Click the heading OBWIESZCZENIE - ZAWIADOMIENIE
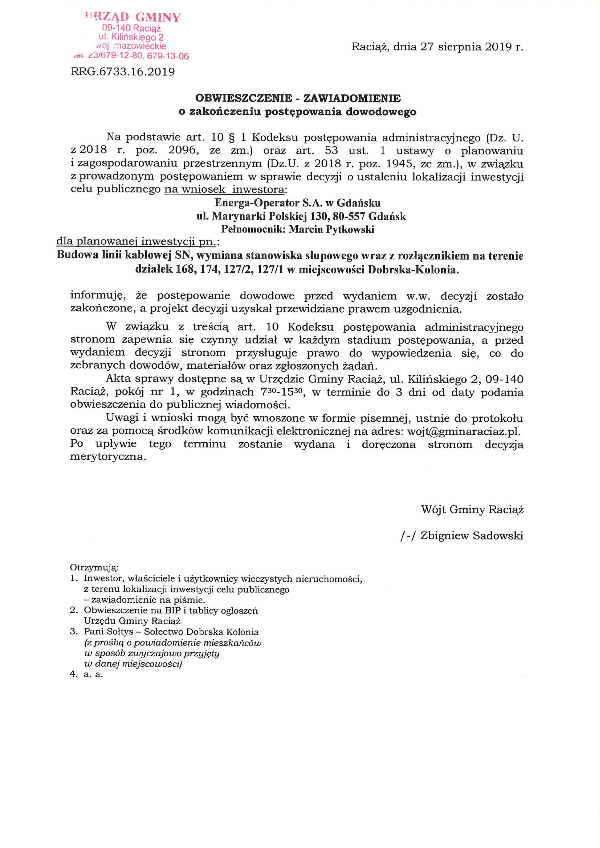(298, 98)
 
